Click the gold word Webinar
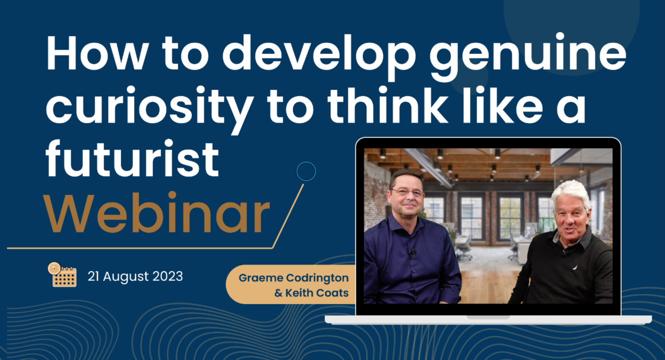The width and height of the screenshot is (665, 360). pos(157,212)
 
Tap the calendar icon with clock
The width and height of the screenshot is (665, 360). pos(62,275)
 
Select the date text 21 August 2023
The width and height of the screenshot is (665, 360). pos(135,276)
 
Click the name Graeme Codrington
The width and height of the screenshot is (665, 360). pos(294,278)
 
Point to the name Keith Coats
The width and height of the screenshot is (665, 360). pos(317,293)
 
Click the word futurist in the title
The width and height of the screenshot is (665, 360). pos(133,158)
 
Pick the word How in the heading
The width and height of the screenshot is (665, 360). pos(97,53)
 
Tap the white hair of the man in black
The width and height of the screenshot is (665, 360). pos(570,192)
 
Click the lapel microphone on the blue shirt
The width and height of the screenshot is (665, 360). pos(411,253)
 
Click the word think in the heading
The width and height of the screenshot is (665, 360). pos(388,105)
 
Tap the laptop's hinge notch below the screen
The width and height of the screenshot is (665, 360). pos(488,317)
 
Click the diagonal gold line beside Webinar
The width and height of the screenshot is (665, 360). pos(288,216)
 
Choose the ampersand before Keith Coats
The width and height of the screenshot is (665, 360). pos(278,293)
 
